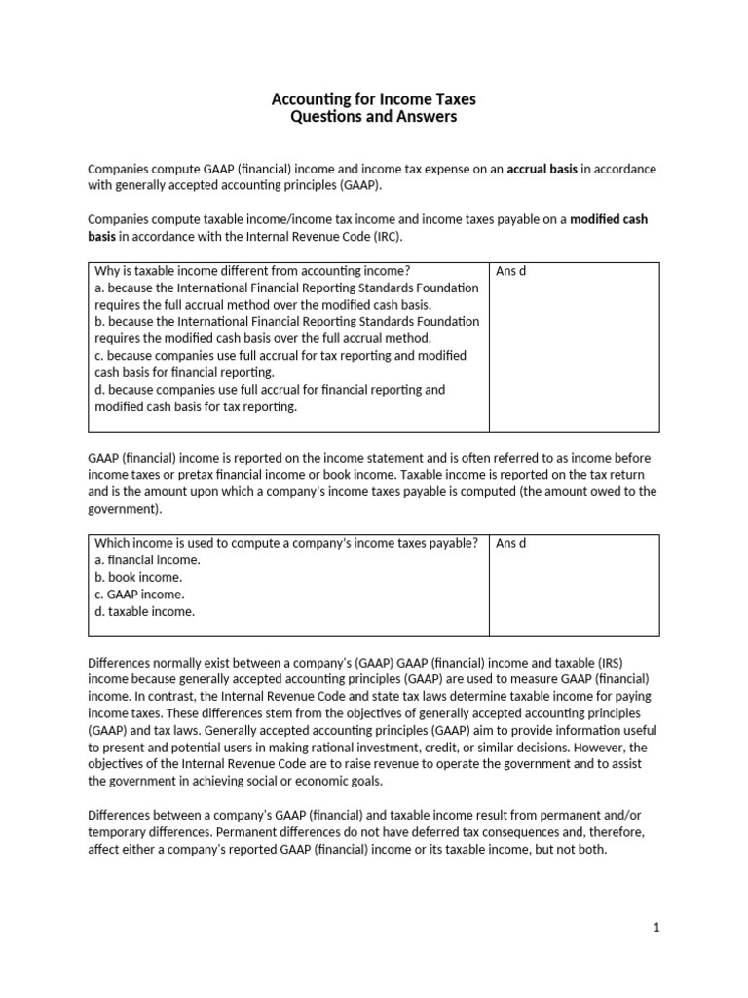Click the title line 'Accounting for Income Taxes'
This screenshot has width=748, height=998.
(x=373, y=100)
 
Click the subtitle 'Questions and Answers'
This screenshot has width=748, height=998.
(x=373, y=118)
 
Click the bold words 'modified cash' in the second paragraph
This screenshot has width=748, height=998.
(x=609, y=219)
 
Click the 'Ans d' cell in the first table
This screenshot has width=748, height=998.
(x=510, y=271)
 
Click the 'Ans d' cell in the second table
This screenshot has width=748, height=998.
(x=510, y=543)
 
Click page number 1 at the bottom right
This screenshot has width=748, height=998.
(x=656, y=928)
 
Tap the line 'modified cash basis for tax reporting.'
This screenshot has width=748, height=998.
(x=195, y=406)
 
